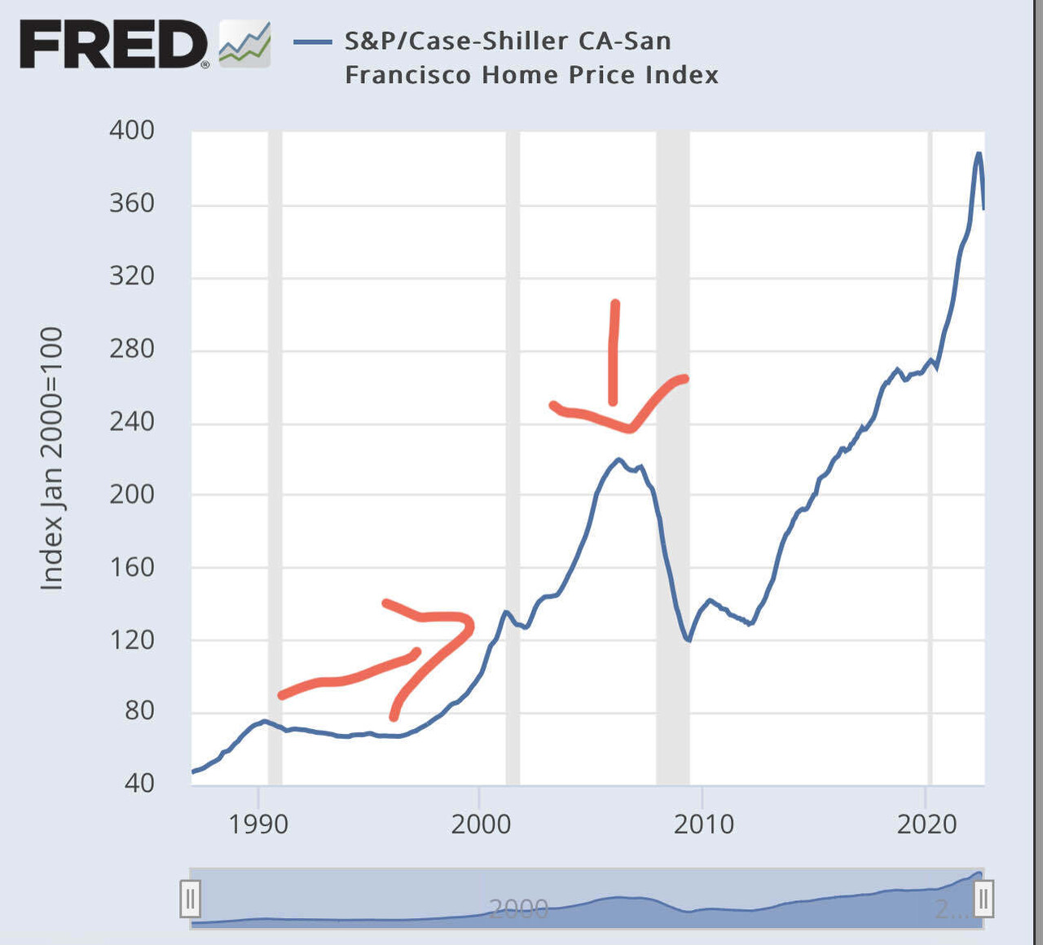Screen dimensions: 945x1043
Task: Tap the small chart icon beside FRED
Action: [244, 45]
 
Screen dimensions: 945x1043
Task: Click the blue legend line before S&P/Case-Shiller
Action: [313, 42]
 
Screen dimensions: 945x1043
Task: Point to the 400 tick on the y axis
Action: [132, 130]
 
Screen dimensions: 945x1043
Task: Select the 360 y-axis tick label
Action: [132, 203]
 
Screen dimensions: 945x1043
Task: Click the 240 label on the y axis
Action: [132, 421]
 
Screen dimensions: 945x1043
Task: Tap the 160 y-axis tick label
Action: [132, 567]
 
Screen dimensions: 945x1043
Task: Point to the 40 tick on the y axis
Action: [139, 783]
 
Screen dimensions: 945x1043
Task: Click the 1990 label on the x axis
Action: [258, 824]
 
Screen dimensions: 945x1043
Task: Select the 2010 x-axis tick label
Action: [703, 824]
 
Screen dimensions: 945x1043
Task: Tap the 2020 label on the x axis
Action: [926, 824]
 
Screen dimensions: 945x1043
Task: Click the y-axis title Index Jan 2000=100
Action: [52, 458]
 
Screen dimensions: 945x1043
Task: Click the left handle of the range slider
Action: [190, 899]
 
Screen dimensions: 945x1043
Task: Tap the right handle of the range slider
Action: [984, 899]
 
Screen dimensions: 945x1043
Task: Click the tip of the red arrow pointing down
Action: [613, 402]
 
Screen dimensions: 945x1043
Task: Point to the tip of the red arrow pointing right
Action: [470, 625]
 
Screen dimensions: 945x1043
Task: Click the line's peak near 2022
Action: [979, 153]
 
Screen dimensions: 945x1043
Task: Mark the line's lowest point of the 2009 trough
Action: [689, 641]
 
